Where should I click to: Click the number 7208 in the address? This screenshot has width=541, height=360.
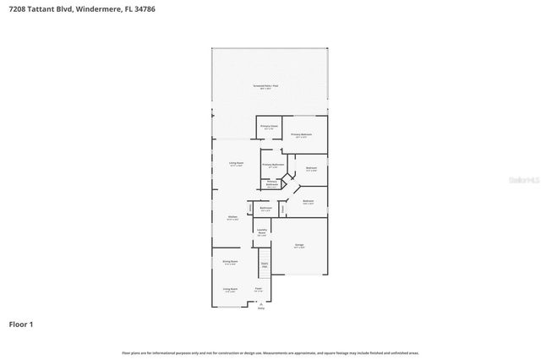(x=19, y=9)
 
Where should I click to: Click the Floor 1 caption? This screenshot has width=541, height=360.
(x=21, y=324)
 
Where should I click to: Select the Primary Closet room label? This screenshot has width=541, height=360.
(x=269, y=127)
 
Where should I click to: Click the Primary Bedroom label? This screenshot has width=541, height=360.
(x=302, y=134)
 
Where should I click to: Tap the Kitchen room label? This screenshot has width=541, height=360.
(x=232, y=217)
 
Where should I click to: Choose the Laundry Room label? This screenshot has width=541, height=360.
(x=262, y=232)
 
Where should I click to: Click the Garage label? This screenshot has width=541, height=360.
(x=299, y=245)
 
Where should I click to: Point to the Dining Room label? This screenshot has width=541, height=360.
(x=229, y=262)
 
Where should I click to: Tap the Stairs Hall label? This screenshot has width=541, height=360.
(x=264, y=265)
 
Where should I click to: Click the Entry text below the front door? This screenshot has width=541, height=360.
(x=260, y=310)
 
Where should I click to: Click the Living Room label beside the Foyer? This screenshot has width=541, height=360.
(x=229, y=289)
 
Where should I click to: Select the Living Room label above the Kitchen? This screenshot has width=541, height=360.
(x=236, y=163)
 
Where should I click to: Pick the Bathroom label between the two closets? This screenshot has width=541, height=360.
(x=265, y=208)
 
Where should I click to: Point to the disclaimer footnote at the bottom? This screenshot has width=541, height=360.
(x=270, y=352)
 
